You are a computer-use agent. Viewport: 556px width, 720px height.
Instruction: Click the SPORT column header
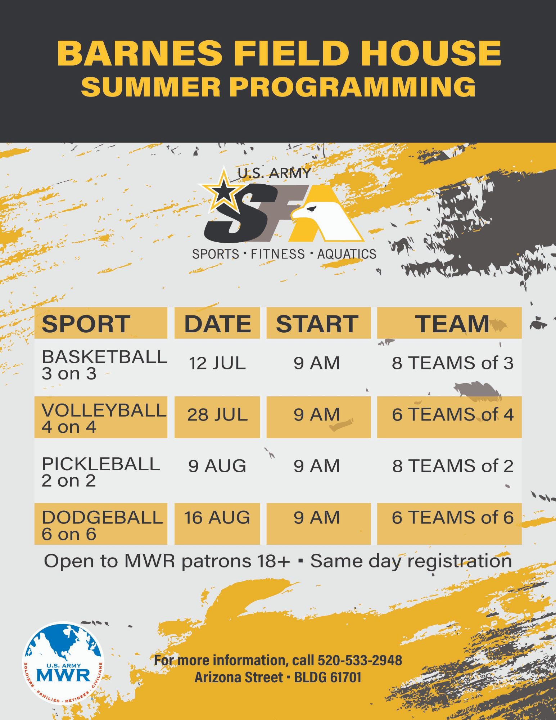pos(86,324)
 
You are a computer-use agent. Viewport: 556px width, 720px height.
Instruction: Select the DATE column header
pos(217,324)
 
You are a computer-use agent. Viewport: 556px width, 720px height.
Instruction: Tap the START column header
pos(317,324)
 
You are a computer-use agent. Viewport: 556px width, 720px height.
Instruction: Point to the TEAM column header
pos(452,324)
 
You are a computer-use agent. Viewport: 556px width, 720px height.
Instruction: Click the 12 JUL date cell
pos(217,363)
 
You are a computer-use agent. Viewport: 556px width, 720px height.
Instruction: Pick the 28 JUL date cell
pos(217,415)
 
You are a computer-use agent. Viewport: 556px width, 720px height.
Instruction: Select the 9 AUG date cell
pos(217,466)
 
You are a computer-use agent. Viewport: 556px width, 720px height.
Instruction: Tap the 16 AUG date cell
pos(217,518)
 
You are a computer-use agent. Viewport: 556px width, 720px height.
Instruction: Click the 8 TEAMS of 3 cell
pos(453,363)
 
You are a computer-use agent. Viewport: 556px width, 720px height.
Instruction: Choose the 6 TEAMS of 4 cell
pos(453,415)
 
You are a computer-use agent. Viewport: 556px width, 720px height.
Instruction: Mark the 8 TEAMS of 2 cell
pos(453,466)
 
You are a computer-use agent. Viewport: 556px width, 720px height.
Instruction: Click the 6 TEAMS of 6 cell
pos(453,518)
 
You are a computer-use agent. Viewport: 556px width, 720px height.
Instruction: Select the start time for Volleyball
pos(317,415)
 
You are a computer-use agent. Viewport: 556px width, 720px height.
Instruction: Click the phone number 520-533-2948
pos(360,661)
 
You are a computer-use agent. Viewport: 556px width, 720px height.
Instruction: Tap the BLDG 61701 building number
pos(327,678)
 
